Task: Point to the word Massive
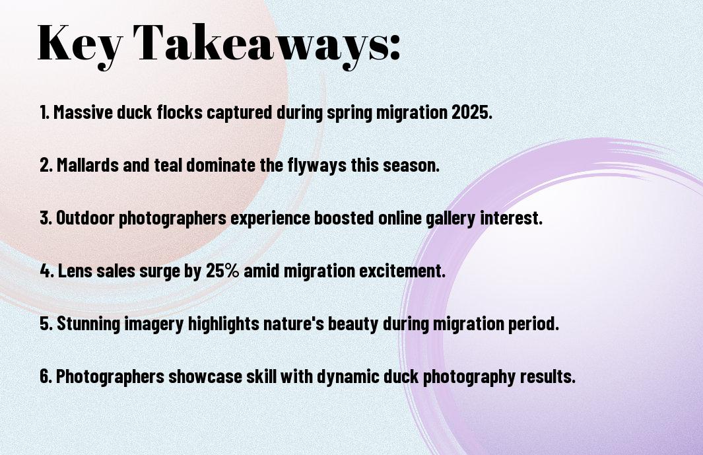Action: click(83, 112)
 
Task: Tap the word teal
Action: click(168, 165)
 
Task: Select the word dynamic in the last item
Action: click(349, 377)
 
